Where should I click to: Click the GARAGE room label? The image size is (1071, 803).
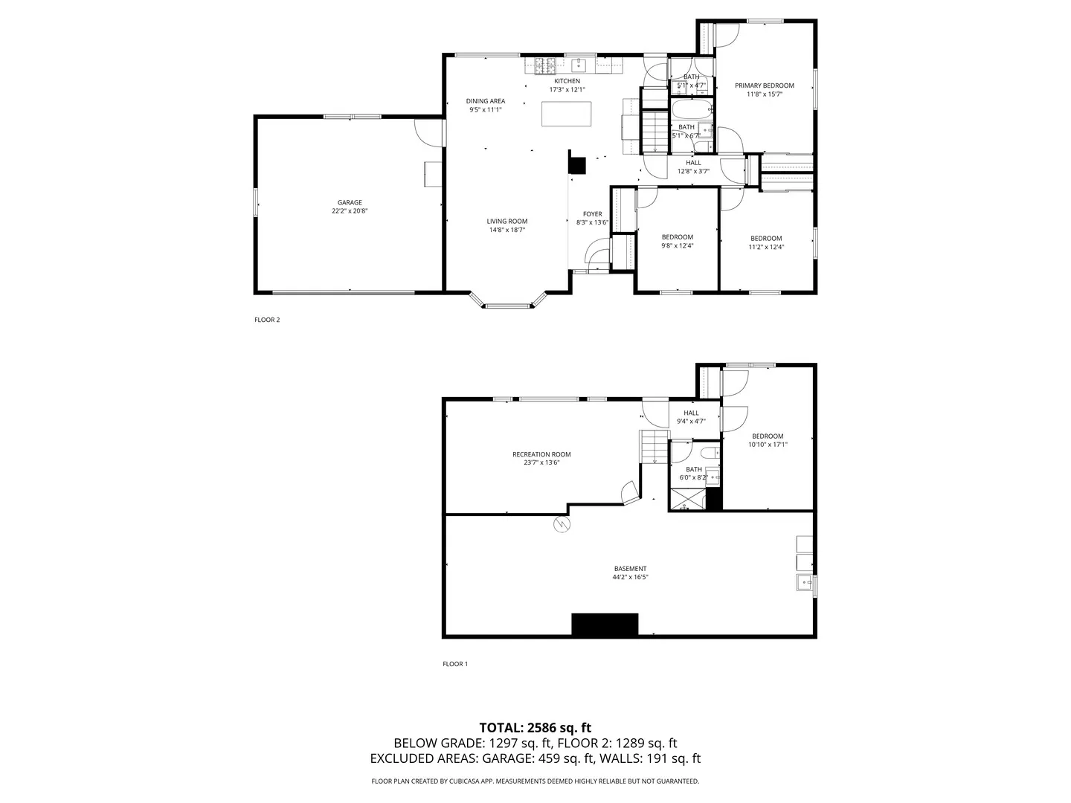click(350, 202)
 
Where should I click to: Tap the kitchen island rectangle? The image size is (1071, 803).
click(567, 114)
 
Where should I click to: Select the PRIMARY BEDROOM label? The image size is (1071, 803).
click(765, 86)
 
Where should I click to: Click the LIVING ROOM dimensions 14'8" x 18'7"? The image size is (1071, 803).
click(506, 230)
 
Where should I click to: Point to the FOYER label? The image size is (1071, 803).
click(592, 214)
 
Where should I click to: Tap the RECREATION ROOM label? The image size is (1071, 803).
click(541, 454)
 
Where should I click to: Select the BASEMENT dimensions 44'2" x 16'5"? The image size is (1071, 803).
click(630, 577)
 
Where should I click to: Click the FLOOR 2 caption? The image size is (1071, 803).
click(267, 320)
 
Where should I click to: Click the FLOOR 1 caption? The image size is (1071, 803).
click(455, 664)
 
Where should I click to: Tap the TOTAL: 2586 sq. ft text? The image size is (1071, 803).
click(535, 727)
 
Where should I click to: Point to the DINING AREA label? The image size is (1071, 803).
click(486, 101)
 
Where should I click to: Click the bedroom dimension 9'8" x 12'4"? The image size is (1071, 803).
click(677, 246)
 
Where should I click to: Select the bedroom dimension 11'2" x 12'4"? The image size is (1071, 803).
click(766, 248)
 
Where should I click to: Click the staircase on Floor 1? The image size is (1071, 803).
click(653, 446)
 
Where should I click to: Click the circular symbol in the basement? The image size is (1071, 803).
click(562, 524)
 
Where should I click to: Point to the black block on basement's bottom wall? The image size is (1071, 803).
click(605, 625)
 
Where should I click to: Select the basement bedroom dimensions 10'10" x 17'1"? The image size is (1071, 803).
click(768, 445)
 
